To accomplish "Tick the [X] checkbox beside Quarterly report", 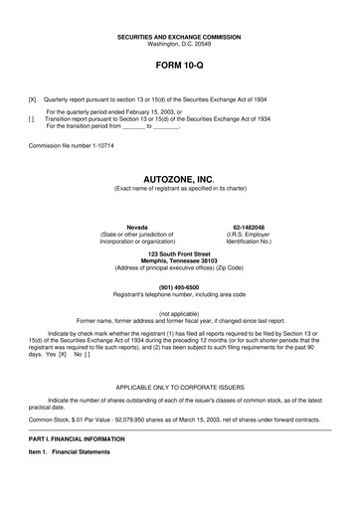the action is coord(33,100).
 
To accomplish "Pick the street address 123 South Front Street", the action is coord(181,255).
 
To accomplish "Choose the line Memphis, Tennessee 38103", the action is coord(181,262).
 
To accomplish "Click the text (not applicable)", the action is coord(181,314).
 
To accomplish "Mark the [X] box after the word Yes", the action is coord(62,354).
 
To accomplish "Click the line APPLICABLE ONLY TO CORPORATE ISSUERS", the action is coord(181,384).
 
